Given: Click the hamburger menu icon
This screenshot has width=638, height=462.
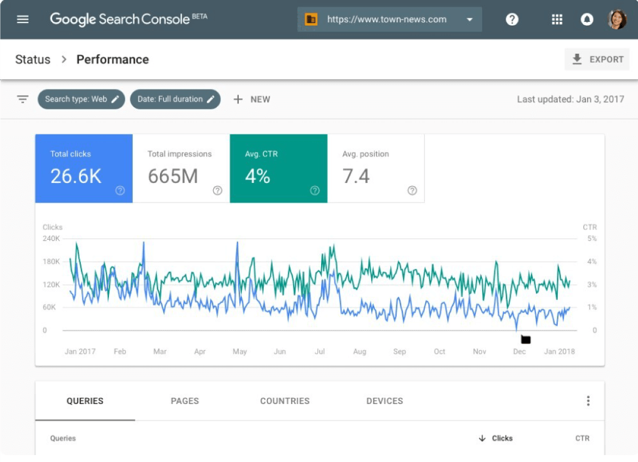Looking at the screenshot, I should point(23,20).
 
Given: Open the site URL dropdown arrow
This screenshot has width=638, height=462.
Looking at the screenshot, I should point(469,20).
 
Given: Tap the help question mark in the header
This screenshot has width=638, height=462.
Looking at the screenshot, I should point(512,20).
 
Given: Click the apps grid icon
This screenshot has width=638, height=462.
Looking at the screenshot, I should point(557,20).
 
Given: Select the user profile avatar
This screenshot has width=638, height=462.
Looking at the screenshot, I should point(617,20).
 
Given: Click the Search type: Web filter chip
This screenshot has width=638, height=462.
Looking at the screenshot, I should point(81,99).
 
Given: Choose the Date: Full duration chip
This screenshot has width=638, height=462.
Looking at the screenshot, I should point(175,99).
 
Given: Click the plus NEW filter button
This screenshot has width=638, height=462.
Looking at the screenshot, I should point(252,99).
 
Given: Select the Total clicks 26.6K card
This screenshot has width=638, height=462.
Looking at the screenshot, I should point(83,169).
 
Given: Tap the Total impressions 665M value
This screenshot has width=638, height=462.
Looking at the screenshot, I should point(173,176).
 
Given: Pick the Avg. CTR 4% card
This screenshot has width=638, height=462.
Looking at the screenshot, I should point(278,169).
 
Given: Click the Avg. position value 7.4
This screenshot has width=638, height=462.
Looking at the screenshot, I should point(356,176).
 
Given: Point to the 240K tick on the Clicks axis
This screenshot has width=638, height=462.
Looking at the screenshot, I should point(52,239).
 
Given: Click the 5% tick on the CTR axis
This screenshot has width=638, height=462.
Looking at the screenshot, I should point(592,239).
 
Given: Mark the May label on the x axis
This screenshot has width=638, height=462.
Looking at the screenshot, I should point(240,351).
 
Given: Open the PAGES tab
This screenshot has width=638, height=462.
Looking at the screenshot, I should point(184,401).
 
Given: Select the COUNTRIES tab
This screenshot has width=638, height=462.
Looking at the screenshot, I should point(284,401).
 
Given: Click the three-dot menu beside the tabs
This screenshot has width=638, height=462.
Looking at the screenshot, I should point(588,401).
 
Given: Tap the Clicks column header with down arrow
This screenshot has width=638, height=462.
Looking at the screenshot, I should point(496,439).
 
